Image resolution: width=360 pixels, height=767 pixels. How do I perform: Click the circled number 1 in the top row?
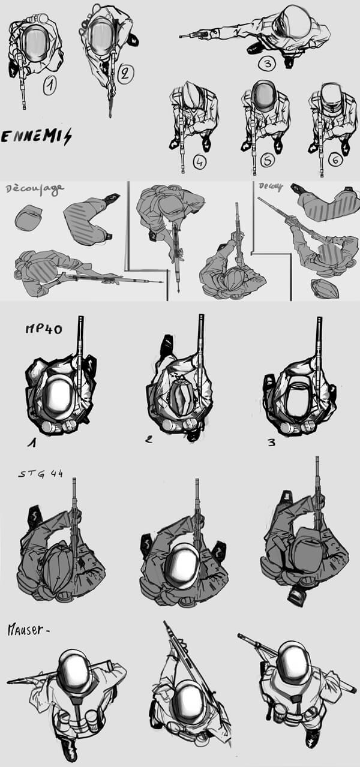(x=50, y=86)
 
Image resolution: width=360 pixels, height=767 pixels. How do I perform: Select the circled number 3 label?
(x=266, y=62)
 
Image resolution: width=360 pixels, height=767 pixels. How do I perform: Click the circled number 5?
(x=268, y=161)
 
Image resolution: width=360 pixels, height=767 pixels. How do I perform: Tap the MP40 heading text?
(x=43, y=329)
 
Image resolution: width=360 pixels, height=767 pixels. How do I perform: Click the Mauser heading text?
(x=28, y=630)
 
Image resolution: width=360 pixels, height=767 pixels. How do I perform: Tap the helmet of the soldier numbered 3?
(x=293, y=23)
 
